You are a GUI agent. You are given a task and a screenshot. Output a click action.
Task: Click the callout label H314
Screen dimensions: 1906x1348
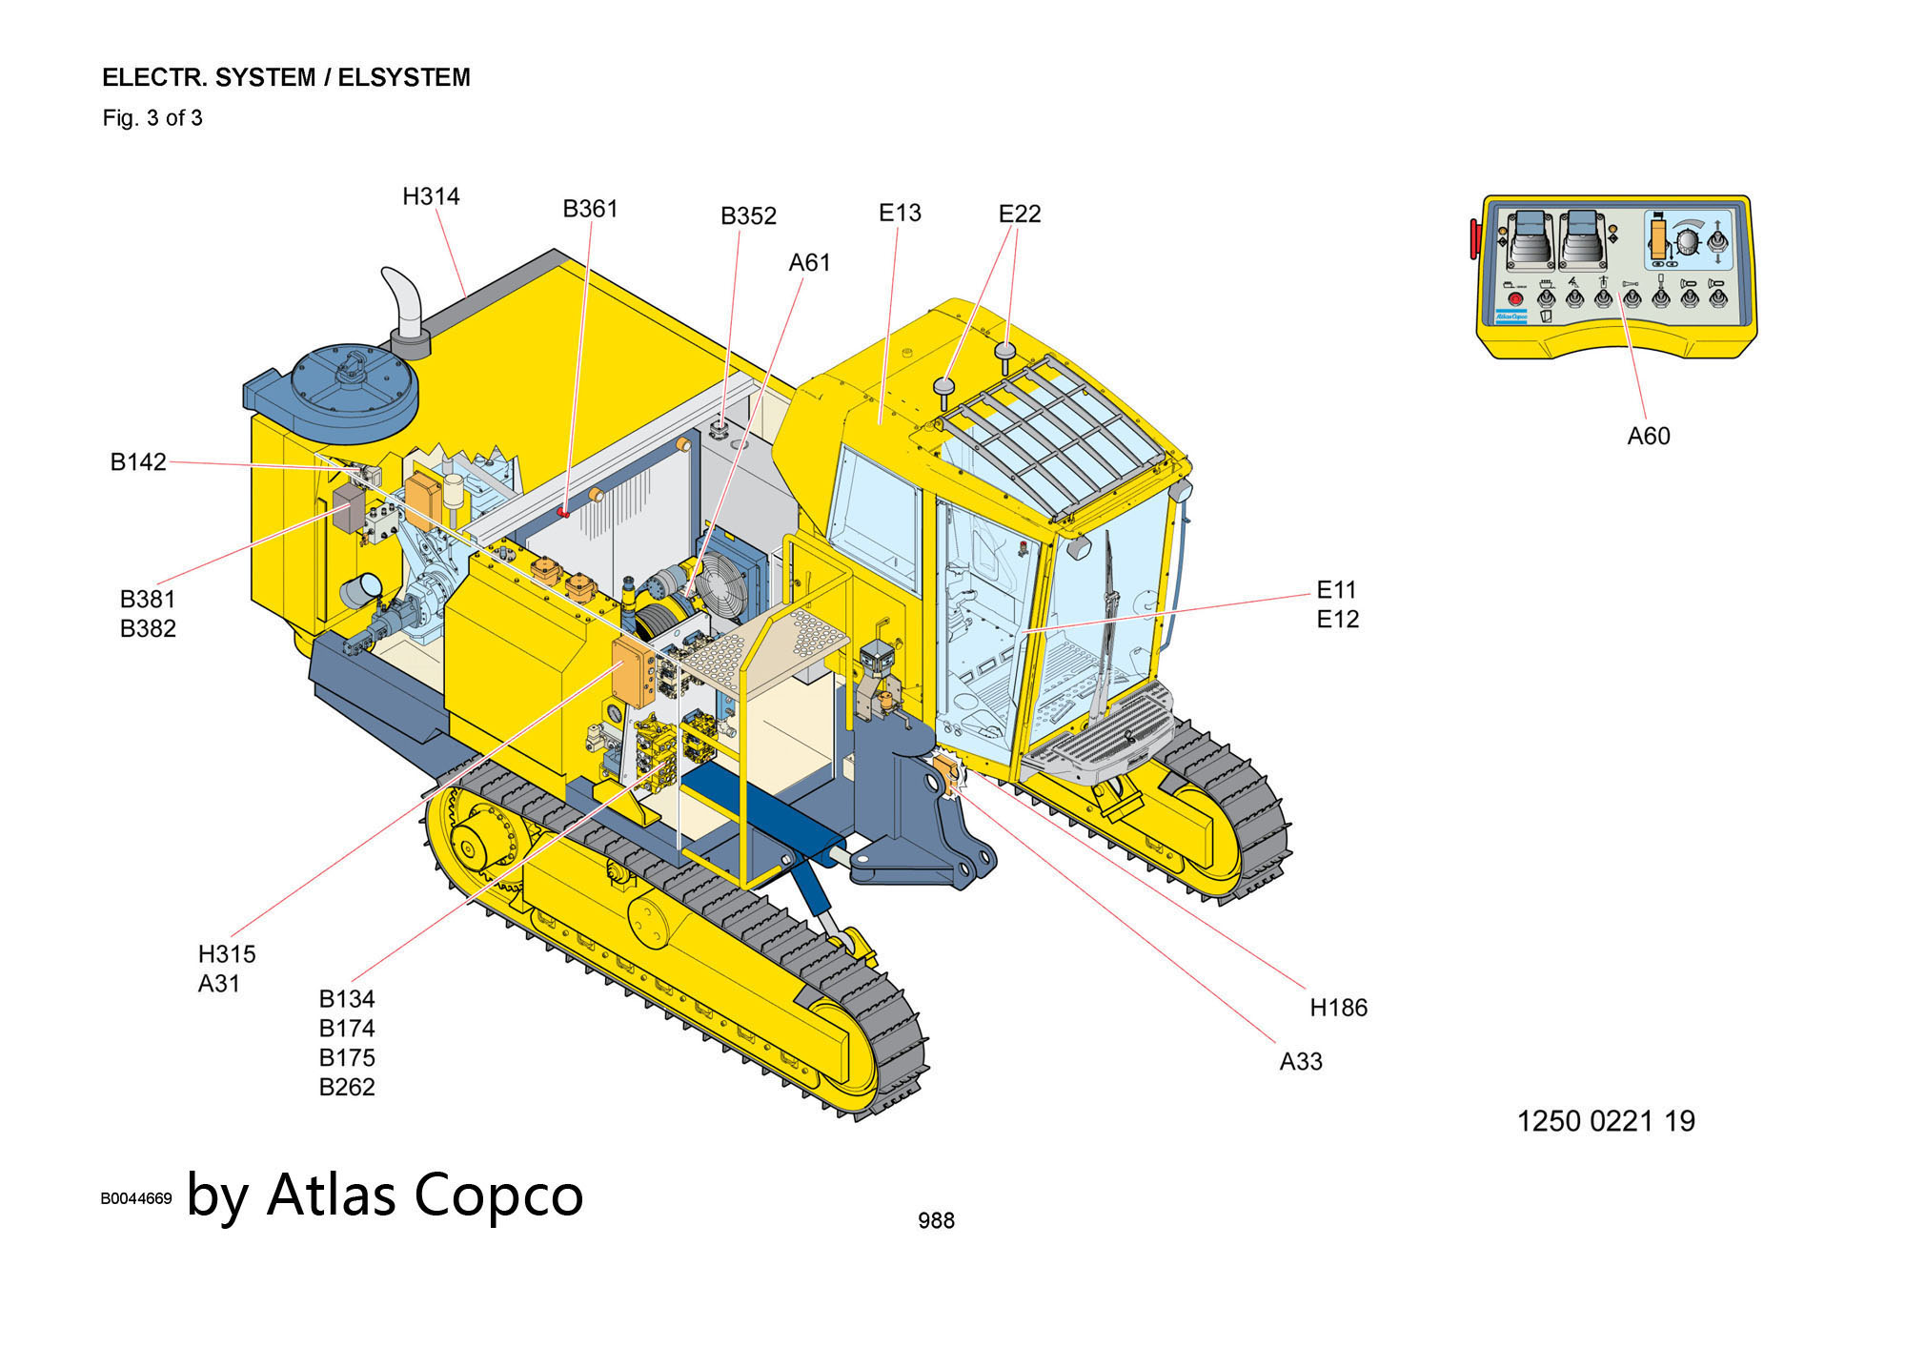pos(431,196)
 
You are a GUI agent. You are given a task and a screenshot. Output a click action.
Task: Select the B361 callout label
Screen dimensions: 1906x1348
pos(590,209)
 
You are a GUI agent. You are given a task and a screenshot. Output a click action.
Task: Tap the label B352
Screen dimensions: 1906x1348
pos(748,216)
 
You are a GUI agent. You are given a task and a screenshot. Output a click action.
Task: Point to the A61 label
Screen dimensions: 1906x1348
pos(809,262)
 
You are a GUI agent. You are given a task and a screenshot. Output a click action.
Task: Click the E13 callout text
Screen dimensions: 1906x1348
pos(900,213)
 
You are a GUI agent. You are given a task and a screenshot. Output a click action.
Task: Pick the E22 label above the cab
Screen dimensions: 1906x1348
pos(1020,214)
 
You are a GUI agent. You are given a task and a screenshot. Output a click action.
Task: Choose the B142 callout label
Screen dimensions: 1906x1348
pos(138,462)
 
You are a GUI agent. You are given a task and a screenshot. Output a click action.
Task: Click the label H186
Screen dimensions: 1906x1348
pos(1338,1008)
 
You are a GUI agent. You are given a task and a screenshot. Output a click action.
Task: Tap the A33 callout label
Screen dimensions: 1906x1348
pos(1300,1062)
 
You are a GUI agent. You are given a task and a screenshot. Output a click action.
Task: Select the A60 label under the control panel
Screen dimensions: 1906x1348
pos(1648,437)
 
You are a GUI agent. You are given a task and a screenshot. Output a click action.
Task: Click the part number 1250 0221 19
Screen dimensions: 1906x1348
pos(1606,1121)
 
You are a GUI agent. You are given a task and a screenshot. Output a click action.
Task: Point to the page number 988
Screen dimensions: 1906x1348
pos(936,1220)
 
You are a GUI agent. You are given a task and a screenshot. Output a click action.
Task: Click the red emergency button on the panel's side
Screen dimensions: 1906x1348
pos(1474,238)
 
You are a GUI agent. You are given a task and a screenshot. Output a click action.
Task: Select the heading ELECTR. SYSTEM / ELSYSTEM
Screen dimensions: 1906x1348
pos(286,77)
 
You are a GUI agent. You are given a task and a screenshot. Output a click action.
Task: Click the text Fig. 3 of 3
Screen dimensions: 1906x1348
pos(152,118)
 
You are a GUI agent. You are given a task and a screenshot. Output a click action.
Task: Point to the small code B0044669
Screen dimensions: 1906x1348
pos(136,1198)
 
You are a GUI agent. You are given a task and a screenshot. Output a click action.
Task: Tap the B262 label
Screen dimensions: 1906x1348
pos(347,1087)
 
